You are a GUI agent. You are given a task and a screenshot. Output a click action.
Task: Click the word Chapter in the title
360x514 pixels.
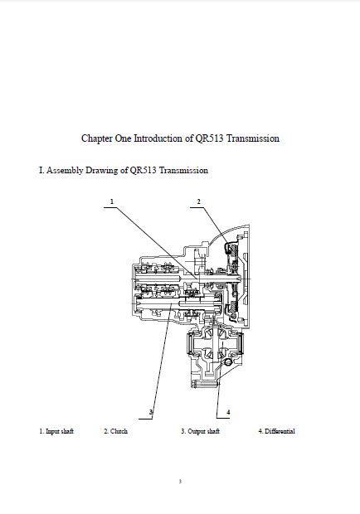[x=97, y=138]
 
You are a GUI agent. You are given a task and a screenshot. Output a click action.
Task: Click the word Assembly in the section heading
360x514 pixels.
[x=65, y=171]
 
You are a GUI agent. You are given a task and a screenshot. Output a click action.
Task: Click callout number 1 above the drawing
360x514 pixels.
[x=112, y=201]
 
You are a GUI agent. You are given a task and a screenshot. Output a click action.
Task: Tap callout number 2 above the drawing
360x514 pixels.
[x=198, y=201]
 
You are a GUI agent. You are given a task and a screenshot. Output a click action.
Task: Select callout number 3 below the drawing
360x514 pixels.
[x=151, y=412]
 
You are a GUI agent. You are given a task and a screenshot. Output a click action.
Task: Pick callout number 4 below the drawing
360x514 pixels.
[x=228, y=412]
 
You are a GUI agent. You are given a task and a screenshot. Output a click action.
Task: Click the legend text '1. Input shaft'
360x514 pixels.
[x=56, y=431]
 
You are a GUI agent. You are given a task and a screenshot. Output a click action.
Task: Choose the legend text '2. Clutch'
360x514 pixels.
[x=116, y=431]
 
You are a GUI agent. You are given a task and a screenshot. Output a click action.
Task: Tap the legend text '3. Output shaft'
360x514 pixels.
[x=201, y=431]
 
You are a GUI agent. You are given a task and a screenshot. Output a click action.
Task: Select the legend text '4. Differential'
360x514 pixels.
[x=277, y=431]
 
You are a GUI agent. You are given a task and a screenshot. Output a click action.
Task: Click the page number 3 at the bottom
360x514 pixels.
[x=180, y=481]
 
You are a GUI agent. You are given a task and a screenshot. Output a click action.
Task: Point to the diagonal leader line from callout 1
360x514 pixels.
[x=157, y=243]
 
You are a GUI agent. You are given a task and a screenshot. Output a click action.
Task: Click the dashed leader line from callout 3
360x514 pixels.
[x=162, y=361]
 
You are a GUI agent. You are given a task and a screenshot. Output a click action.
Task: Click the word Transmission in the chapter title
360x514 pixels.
[x=253, y=138]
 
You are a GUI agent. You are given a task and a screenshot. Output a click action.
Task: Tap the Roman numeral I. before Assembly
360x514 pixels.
[x=41, y=171]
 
